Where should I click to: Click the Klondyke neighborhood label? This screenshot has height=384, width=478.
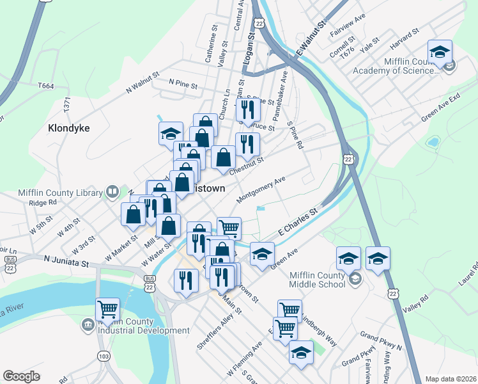pos(69,128)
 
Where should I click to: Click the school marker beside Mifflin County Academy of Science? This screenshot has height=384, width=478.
pos(440,52)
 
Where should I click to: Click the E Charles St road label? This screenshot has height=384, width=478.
pos(297,221)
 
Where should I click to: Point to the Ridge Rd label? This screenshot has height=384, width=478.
pos(43,202)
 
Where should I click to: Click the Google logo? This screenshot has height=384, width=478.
pos(21,376)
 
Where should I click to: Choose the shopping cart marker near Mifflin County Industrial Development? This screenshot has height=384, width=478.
pos(107,310)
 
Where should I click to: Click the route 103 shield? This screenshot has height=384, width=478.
pos(104,355)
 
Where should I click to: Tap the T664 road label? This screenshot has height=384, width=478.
pos(46,86)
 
